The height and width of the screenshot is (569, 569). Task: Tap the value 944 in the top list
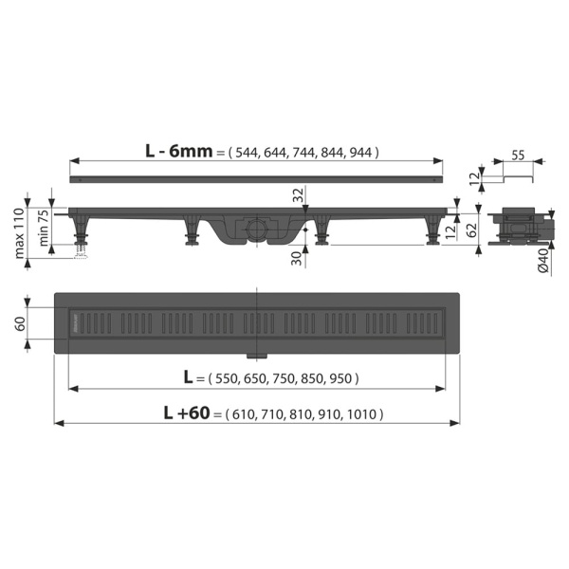tap(363, 152)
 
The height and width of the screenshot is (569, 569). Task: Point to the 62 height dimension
tap(468, 229)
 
